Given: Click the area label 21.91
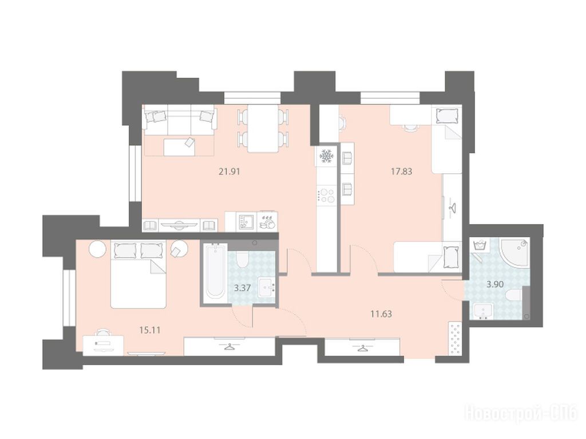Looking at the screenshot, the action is tap(229, 171).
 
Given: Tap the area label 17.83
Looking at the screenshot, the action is tap(401, 171).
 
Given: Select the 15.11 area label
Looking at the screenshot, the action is tap(149, 330).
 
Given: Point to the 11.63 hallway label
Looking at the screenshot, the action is tap(381, 314).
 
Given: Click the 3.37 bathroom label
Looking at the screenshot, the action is tap(243, 288).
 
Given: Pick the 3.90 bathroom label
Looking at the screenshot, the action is tap(495, 284).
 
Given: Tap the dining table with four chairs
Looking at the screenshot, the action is tap(263, 129).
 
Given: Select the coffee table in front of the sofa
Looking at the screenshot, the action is tap(179, 147).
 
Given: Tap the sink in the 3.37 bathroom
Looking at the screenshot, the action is tap(267, 288).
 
